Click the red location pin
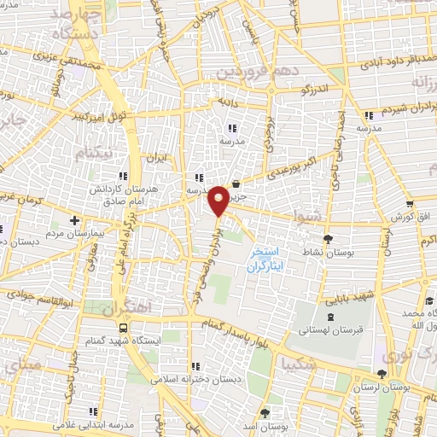(x=219, y=199)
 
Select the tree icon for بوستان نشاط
(x=329, y=240)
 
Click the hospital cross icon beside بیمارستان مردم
(x=74, y=220)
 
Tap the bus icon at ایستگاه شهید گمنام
(x=125, y=328)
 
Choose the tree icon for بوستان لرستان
(x=381, y=374)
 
